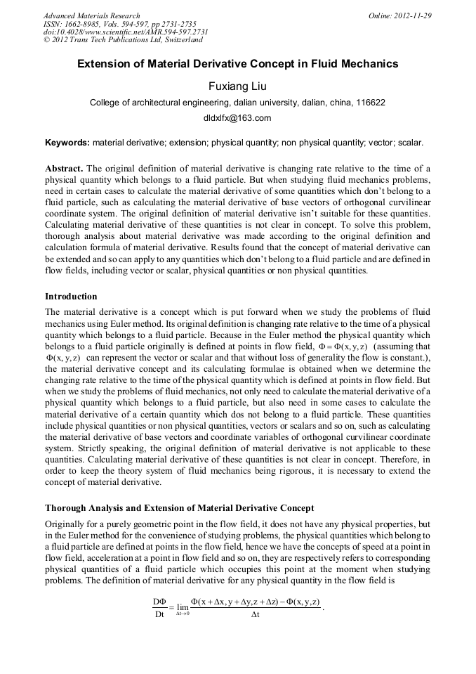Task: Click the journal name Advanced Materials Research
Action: tap(91, 15)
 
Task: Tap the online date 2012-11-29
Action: tap(414, 15)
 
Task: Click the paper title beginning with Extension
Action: tap(237, 64)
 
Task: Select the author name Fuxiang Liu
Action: tap(237, 86)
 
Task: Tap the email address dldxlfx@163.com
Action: tap(237, 118)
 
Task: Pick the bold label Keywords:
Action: tap(67, 142)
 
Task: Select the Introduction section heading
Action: tap(71, 296)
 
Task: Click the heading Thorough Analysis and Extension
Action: tap(179, 507)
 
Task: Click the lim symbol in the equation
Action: tap(183, 607)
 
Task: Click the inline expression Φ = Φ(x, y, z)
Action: tap(340, 346)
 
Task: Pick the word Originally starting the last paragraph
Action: tap(67, 524)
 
